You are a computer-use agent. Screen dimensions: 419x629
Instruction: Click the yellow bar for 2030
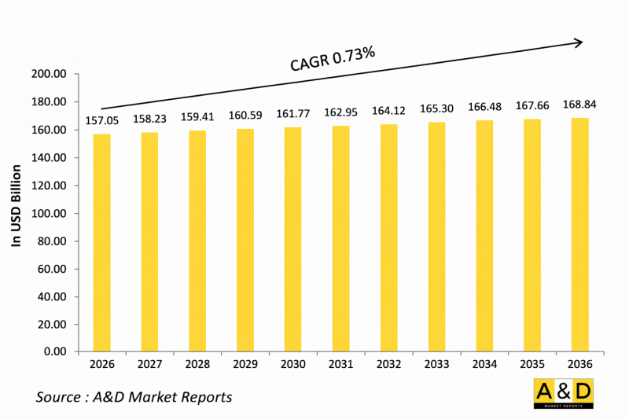point(292,239)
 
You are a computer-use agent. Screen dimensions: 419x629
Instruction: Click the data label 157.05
point(101,122)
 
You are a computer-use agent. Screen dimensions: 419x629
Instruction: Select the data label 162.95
point(340,113)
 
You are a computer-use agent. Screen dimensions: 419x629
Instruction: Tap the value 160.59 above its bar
point(245,116)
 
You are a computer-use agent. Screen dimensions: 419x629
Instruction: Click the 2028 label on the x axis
point(197,366)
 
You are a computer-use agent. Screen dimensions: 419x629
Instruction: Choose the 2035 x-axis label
point(532,366)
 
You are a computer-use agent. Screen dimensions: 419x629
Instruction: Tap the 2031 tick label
point(340,366)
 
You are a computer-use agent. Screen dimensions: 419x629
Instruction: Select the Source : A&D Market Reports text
point(134,397)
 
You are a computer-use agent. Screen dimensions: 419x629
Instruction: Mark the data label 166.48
point(484,108)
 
